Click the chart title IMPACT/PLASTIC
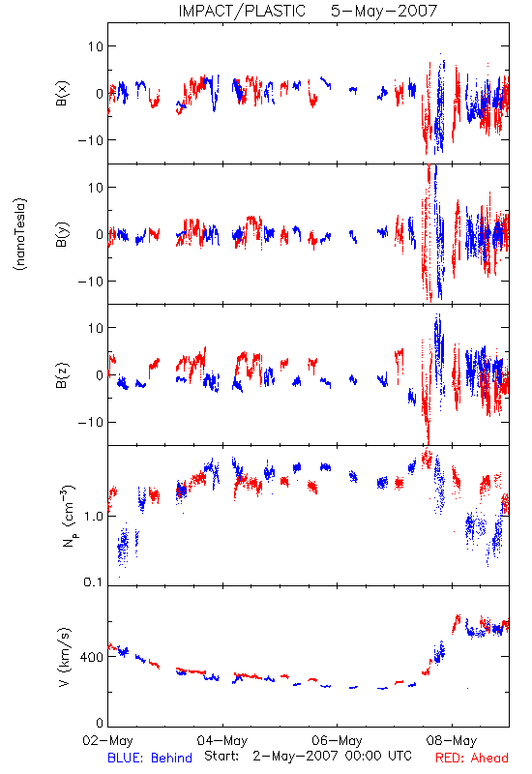(242, 11)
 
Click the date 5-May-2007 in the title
(384, 11)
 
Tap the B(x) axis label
(62, 93)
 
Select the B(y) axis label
(62, 234)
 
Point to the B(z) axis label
(62, 375)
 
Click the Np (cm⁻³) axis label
(68, 516)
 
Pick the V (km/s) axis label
(64, 657)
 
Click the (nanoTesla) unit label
(20, 234)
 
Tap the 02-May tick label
(107, 740)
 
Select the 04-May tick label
(222, 740)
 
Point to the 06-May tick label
(337, 740)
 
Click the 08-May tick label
(452, 740)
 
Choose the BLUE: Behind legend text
(150, 758)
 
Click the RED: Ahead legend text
(471, 758)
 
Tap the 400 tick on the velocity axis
(92, 657)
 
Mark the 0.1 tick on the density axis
(93, 582)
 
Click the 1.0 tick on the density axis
(93, 517)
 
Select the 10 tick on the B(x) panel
(96, 46)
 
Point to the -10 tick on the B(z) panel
(90, 423)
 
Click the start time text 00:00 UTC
(378, 756)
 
